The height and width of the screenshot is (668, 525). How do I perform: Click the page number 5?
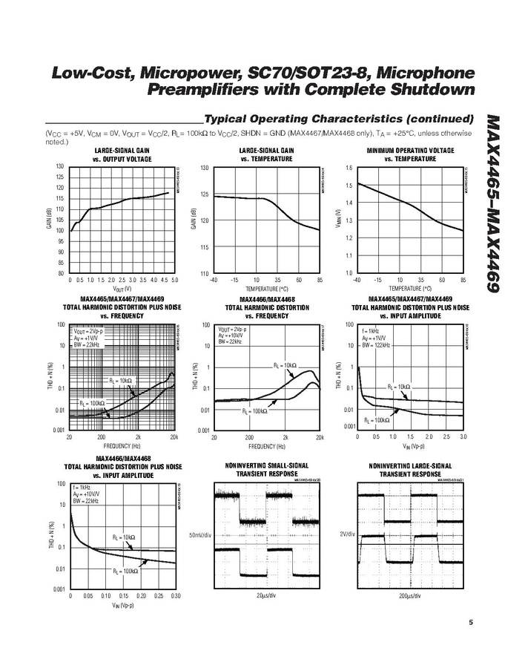click(x=471, y=623)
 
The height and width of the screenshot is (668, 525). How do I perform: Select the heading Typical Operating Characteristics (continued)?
click(x=338, y=119)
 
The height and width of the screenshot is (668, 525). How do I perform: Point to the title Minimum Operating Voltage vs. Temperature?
click(x=410, y=154)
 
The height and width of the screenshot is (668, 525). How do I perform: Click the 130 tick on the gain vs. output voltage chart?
click(x=60, y=166)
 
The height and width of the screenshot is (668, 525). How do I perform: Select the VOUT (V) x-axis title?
click(x=122, y=289)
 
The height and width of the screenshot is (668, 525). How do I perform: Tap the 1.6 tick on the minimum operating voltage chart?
click(x=348, y=168)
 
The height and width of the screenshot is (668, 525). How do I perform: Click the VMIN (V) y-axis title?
click(x=338, y=220)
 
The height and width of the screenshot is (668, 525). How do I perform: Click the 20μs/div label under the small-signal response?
click(x=266, y=596)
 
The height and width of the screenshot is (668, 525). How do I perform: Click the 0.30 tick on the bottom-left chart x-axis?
click(x=176, y=596)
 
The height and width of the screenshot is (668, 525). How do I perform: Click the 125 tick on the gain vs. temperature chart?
click(x=205, y=194)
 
